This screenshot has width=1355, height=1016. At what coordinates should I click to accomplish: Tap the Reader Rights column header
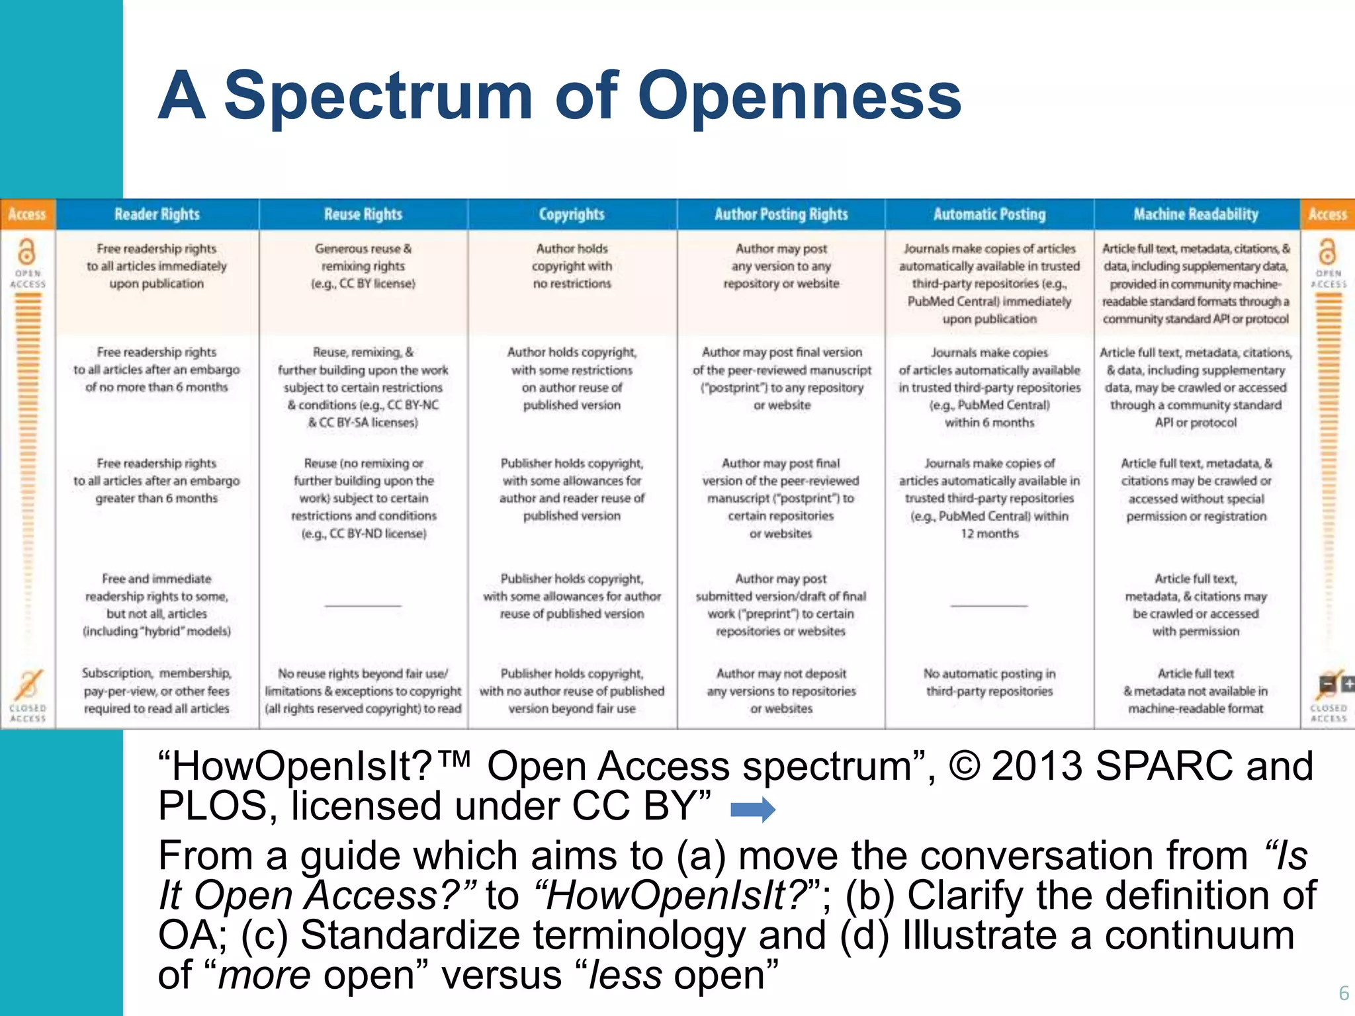[x=157, y=214]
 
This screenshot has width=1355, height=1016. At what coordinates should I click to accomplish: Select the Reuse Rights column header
[x=363, y=214]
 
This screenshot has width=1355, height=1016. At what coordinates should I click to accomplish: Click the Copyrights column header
[x=572, y=214]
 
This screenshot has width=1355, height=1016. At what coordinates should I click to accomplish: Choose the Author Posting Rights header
[x=781, y=214]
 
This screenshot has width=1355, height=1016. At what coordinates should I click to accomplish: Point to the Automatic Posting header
[x=989, y=214]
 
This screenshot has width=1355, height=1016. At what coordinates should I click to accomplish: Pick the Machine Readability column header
[x=1196, y=214]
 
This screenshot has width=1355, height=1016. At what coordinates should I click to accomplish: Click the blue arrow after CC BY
[x=752, y=809]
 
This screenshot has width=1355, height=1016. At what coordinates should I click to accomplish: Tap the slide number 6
[x=1343, y=993]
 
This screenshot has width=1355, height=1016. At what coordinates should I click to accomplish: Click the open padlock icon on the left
[x=26, y=252]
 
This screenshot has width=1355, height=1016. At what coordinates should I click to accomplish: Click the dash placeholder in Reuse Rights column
[x=363, y=605]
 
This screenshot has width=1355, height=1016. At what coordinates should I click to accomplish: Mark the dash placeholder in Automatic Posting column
[x=989, y=605]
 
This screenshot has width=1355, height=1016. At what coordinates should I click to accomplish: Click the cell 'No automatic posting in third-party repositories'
[x=989, y=682]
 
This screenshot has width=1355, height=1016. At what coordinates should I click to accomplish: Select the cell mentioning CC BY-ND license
[x=363, y=498]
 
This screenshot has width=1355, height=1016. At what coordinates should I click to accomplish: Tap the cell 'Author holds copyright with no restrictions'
[x=572, y=266]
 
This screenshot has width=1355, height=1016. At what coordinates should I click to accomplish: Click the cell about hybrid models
[x=157, y=605]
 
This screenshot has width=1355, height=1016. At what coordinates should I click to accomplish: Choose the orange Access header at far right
[x=1327, y=214]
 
